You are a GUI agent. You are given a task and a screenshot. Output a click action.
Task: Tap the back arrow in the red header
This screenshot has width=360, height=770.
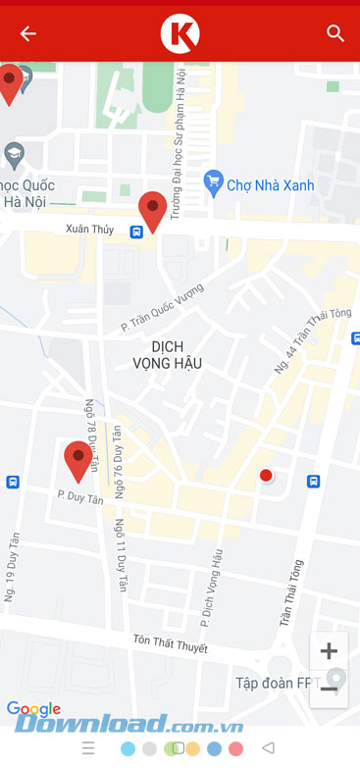pos(27,33)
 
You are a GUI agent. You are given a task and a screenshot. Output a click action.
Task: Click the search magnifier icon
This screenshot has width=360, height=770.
pos(335,33)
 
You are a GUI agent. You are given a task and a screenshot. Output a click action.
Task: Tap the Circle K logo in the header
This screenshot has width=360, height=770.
pos(180,33)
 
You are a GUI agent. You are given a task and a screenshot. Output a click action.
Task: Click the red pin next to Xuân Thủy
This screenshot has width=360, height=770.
pos(152,210)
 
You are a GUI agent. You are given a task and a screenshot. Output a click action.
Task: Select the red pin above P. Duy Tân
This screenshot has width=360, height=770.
pos(77,460)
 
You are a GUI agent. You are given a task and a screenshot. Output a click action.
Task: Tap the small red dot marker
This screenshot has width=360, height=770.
pos(265,476)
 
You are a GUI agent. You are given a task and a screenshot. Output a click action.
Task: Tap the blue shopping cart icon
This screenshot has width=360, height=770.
pos(214,182)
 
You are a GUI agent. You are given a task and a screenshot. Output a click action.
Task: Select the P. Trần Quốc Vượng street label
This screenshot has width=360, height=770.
pos(162,306)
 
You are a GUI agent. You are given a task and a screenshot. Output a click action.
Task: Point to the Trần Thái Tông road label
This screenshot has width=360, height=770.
pos(292,592)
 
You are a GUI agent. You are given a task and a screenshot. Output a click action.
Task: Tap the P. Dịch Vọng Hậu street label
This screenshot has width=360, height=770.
pos(213,588)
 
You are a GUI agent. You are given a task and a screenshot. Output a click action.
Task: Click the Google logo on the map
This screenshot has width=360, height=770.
pos(33,709)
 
